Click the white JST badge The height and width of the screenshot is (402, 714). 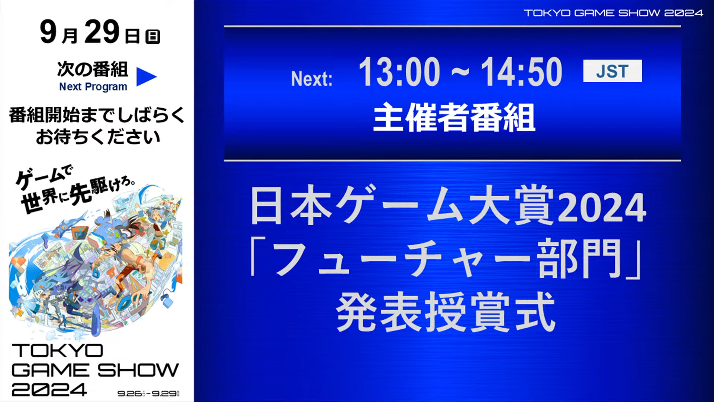612,71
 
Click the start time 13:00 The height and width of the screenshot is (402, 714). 399,72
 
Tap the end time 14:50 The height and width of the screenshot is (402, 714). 521,72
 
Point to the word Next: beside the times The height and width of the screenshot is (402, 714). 312,79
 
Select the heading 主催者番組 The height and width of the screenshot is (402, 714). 454,117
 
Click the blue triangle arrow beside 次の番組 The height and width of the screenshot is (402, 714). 147,77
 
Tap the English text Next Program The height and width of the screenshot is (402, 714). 93,87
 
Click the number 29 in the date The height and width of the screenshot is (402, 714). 102,32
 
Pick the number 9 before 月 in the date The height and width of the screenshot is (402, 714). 48,32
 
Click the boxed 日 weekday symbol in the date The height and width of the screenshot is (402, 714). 152,36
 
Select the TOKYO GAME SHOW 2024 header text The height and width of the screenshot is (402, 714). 613,13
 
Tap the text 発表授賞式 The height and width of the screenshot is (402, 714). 446,312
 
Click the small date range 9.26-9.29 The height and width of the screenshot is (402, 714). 148,393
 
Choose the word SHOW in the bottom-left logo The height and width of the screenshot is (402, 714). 138,370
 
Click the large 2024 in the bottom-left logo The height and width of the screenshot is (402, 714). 49,390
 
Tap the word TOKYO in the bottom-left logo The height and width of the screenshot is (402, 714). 57,351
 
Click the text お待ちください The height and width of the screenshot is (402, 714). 98,137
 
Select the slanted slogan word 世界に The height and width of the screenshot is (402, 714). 45,201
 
